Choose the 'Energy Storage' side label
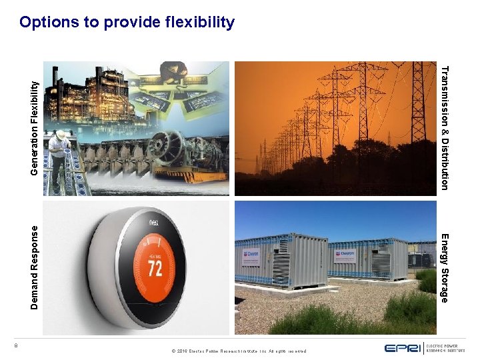445,267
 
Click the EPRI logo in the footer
403,347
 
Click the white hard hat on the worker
61,135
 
